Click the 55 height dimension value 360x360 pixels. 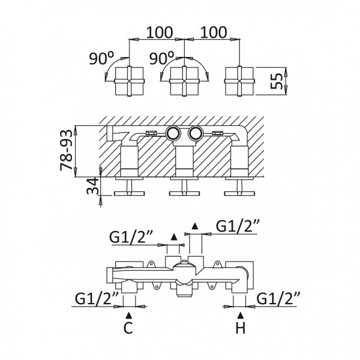[x=276, y=81]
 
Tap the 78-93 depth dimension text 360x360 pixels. [x=66, y=151]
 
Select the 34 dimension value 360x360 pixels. [x=92, y=186]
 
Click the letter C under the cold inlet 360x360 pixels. [x=128, y=328]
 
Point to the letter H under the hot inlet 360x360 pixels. [x=241, y=328]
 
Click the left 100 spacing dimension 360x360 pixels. [x=159, y=32]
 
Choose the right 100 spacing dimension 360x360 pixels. [x=214, y=32]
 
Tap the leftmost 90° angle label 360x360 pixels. [x=101, y=58]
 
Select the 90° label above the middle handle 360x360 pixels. [x=161, y=58]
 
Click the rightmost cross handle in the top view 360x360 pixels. [x=239, y=81]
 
